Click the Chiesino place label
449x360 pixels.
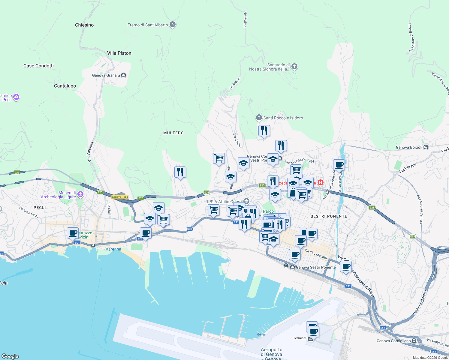84,25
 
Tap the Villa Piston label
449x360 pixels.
119,53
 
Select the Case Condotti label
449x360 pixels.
38,66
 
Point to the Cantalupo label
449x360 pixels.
65,86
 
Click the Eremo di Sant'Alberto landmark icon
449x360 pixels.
173,25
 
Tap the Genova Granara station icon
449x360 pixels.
124,75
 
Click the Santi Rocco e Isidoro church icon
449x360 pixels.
259,118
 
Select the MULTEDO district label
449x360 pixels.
173,133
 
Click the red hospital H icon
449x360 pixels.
321,182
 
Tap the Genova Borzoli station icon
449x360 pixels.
426,147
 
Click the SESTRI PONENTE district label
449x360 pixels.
329,216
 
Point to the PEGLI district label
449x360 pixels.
40,208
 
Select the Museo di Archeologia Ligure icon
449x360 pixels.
80,194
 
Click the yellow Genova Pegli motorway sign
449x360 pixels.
120,197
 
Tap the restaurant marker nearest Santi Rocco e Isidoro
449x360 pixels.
264,131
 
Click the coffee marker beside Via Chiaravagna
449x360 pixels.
339,165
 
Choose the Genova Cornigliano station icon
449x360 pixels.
414,341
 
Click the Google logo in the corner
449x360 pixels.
10,356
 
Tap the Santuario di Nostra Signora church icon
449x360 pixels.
294,66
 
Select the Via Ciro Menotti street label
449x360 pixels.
316,254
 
